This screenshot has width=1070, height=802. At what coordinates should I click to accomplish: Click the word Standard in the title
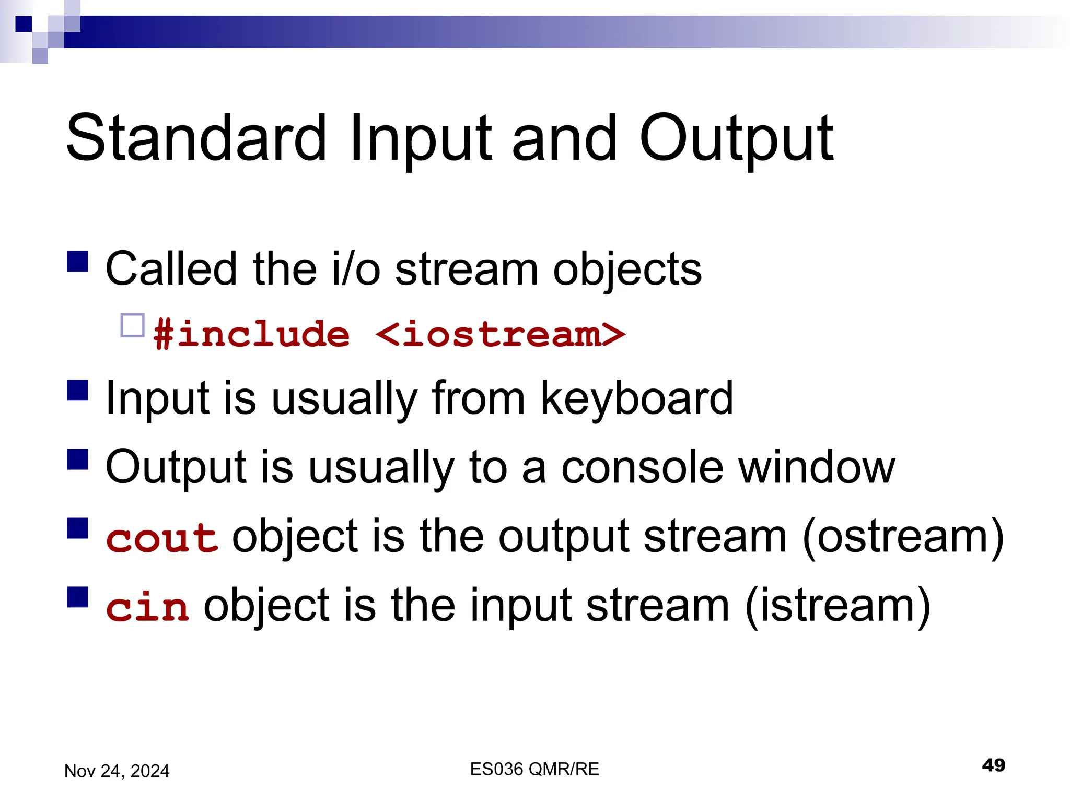[x=196, y=138]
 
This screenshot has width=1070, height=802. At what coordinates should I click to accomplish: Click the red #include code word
[x=251, y=334]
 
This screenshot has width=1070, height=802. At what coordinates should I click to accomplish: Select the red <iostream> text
[x=500, y=334]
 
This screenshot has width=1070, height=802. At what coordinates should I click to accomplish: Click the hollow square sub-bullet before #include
[x=132, y=326]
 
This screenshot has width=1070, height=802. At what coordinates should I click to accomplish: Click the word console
[x=643, y=467]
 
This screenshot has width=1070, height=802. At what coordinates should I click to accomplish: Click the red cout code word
[x=162, y=538]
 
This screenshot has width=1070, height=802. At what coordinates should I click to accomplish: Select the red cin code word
[x=147, y=607]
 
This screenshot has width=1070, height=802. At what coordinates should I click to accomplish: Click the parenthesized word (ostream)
[x=903, y=538]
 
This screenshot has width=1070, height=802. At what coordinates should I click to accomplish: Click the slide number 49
[x=993, y=765]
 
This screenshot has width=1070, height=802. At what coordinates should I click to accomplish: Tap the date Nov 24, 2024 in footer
[x=117, y=771]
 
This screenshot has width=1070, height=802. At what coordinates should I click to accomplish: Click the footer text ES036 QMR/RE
[x=534, y=769]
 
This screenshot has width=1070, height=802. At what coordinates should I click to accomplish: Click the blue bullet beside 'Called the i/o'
[x=77, y=261]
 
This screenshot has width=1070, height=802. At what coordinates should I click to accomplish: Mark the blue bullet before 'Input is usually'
[x=77, y=390]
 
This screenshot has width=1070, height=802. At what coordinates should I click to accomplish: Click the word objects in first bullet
[x=627, y=269]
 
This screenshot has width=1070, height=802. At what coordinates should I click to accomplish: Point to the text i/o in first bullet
[x=356, y=269]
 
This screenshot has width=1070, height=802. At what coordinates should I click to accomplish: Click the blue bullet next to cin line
[x=77, y=597]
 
